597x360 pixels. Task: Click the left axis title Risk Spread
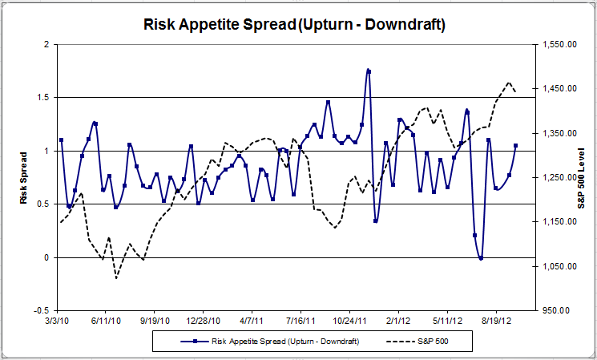tap(23, 177)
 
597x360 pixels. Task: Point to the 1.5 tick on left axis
tap(42, 97)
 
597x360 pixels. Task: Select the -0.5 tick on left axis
tap(39, 310)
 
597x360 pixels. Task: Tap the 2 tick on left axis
tap(46, 44)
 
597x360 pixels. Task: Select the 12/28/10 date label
tap(204, 321)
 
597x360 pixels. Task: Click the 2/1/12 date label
tap(398, 321)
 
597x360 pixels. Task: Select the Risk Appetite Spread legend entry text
tap(285, 341)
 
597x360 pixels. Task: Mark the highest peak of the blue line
tap(368, 71)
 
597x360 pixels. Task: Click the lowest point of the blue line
tap(481, 258)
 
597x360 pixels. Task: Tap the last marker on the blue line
tap(515, 146)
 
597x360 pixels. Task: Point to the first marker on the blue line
tap(60, 140)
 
